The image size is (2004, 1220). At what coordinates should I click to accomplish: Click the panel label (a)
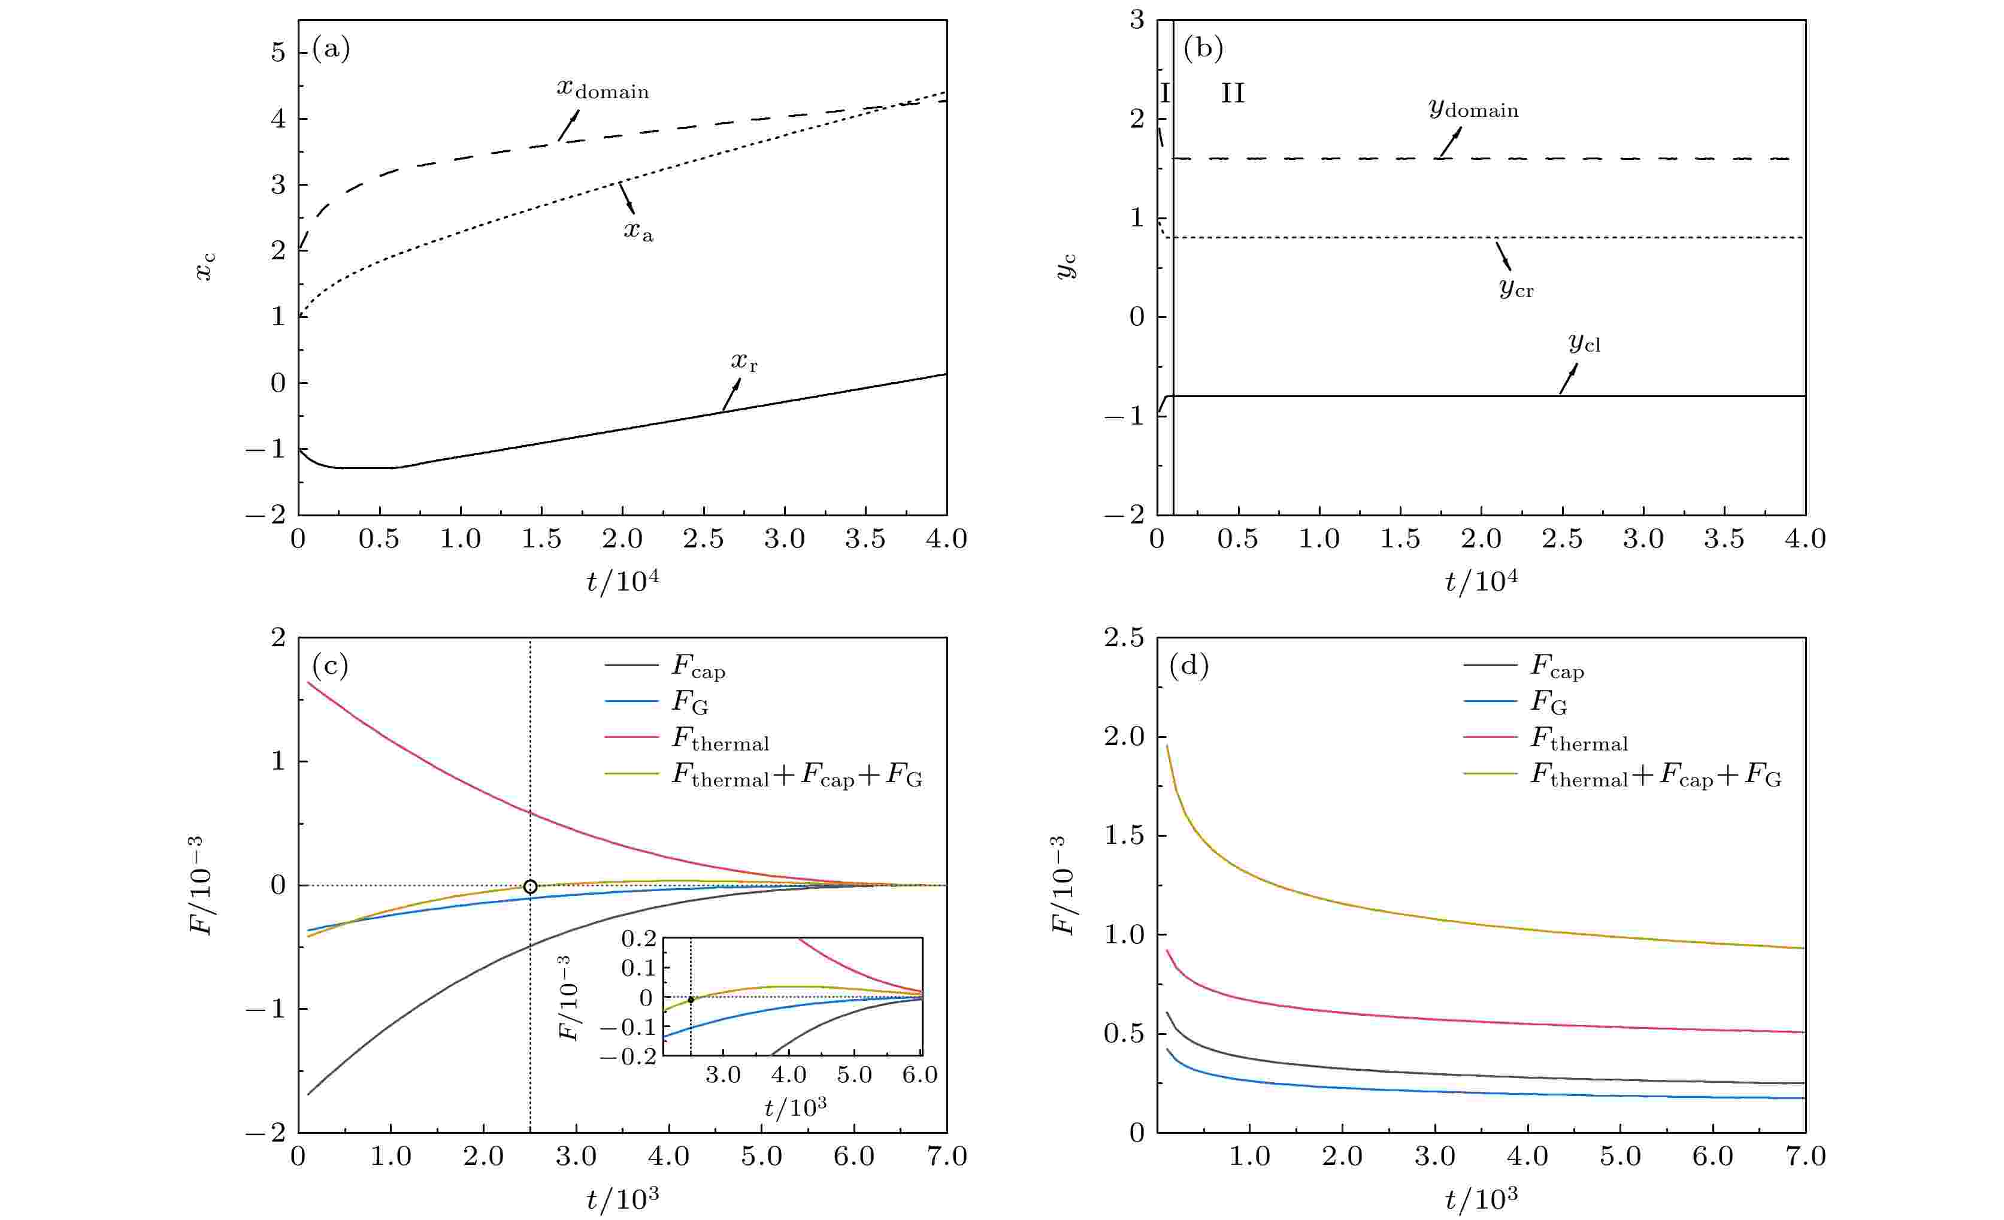(x=331, y=50)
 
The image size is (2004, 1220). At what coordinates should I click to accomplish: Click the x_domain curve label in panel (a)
(x=603, y=89)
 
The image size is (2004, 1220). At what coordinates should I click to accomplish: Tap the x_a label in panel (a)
(x=638, y=232)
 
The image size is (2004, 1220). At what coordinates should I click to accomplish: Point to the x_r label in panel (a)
(x=743, y=361)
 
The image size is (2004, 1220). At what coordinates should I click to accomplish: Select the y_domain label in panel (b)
(x=1473, y=108)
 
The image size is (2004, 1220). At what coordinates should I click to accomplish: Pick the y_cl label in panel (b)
(x=1584, y=343)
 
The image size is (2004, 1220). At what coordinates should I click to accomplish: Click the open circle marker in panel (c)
(x=530, y=886)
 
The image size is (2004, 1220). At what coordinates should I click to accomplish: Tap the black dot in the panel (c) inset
(x=691, y=1000)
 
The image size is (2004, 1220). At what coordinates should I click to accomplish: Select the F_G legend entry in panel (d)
(x=1549, y=702)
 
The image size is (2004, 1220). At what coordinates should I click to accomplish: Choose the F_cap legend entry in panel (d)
(x=1557, y=667)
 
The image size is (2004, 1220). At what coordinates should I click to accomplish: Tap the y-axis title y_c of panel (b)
(x=1065, y=266)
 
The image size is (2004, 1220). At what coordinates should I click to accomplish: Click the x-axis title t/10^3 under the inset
(x=795, y=1107)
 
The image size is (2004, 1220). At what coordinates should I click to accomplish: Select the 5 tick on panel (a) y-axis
(x=278, y=53)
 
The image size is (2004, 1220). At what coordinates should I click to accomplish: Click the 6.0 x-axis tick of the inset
(x=920, y=1075)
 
